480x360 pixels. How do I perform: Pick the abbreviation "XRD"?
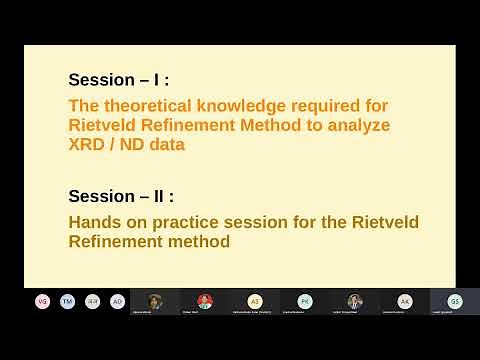pyautogui.click(x=87, y=144)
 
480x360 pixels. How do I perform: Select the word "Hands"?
pyautogui.click(x=93, y=222)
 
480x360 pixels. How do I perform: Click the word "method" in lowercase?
pyautogui.click(x=200, y=241)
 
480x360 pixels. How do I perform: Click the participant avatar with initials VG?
pyautogui.click(x=42, y=301)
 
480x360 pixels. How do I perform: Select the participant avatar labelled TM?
pyautogui.click(x=67, y=301)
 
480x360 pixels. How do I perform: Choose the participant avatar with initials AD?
pyautogui.click(x=117, y=301)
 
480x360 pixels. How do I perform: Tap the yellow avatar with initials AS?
pyautogui.click(x=255, y=301)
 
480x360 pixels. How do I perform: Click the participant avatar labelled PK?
pyautogui.click(x=305, y=301)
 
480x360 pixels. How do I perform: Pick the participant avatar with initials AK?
pyautogui.click(x=405, y=301)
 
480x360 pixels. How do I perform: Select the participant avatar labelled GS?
pyautogui.click(x=455, y=301)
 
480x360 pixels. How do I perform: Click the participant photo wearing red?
pyautogui.click(x=205, y=301)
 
